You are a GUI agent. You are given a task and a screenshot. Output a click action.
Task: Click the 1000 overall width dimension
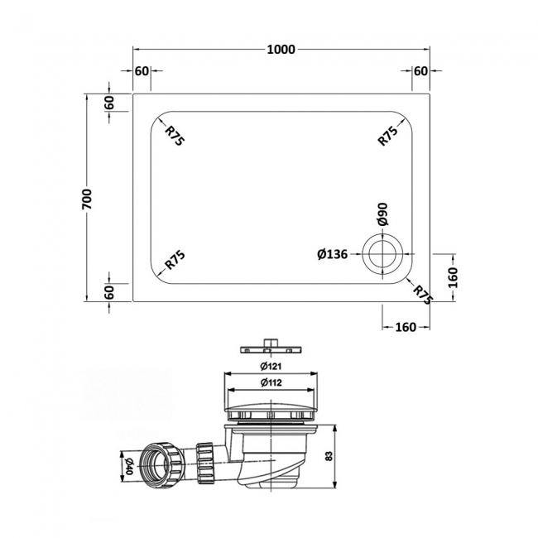click(281, 50)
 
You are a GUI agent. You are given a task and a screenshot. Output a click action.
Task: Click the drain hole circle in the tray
click(383, 254)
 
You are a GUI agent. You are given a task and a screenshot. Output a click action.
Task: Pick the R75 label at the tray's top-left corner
click(175, 135)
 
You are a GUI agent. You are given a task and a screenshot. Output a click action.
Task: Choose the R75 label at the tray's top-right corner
click(388, 135)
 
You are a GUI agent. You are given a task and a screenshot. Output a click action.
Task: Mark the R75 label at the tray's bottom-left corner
click(175, 260)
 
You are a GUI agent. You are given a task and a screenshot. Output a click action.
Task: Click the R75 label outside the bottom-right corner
click(423, 294)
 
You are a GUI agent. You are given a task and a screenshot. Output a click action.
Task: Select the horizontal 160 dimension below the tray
click(405, 327)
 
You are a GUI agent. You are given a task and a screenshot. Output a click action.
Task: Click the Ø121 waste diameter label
click(269, 366)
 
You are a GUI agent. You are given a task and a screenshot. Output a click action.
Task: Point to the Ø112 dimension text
click(269, 382)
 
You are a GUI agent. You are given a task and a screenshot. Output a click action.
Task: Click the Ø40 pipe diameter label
click(126, 464)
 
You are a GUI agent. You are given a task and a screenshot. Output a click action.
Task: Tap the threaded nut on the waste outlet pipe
click(158, 464)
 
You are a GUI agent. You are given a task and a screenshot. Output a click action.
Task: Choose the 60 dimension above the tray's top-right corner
click(420, 71)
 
